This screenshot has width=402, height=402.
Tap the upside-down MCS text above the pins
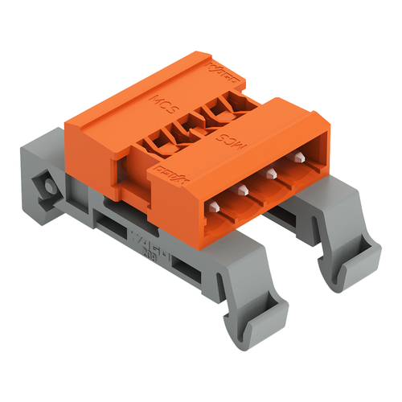250,135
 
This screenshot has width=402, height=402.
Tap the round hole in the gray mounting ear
51,187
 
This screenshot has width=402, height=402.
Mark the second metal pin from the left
242,190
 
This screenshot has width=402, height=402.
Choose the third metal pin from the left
272,174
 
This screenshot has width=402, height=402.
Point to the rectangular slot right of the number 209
186,265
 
